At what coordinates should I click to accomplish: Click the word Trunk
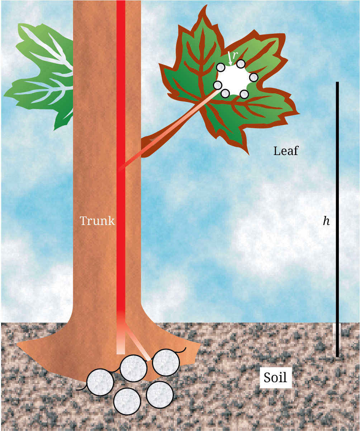[97, 220]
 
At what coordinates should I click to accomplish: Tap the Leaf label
[286, 151]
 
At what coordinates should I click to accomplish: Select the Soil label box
[275, 378]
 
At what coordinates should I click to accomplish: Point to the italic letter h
[326, 221]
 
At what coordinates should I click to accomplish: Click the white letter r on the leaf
[235, 55]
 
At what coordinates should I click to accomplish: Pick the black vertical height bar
[337, 219]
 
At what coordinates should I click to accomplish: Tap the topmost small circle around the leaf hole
[241, 64]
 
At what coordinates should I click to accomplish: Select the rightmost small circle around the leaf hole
[254, 77]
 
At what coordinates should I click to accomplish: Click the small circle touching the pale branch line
[217, 85]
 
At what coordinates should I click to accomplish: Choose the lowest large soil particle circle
[127, 401]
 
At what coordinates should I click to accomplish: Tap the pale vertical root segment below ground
[121, 341]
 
